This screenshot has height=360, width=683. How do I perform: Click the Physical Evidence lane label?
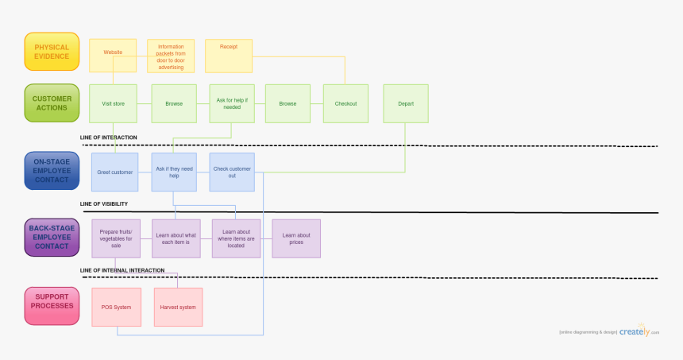point(52,52)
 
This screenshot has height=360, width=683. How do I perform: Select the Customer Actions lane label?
point(52,103)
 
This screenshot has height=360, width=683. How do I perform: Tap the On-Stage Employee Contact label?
point(52,171)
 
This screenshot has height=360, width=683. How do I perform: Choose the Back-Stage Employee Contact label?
point(52,238)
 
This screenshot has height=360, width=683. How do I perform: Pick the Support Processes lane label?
point(52,306)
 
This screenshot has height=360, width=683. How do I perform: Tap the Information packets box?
point(171,56)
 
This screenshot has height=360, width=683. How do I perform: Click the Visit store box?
point(113,103)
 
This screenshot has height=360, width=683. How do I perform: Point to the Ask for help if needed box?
point(232,103)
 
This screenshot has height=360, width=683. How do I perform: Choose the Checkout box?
point(345,103)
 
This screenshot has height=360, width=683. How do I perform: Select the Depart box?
point(406,103)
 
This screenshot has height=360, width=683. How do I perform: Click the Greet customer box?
point(115,172)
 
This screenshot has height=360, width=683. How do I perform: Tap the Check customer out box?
point(232,172)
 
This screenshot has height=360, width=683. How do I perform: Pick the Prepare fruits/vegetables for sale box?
point(116,238)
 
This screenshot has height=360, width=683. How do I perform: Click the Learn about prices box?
point(296,238)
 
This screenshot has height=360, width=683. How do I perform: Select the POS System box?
point(116,307)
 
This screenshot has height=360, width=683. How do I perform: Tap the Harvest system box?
point(178,307)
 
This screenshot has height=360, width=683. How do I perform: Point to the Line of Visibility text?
point(104,204)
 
